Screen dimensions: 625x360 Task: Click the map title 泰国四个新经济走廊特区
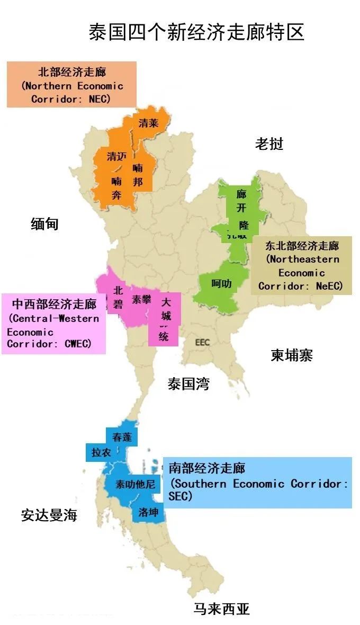[x=196, y=32]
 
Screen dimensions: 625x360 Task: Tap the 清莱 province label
[x=148, y=123]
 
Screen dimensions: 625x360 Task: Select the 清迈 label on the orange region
[x=117, y=156]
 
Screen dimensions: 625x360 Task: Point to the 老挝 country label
[x=269, y=144]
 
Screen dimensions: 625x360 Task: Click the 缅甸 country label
[x=44, y=224]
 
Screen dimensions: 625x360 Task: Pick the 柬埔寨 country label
[x=292, y=355]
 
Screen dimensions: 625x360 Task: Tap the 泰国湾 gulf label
[x=188, y=384]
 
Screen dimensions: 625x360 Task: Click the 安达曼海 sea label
[x=49, y=515]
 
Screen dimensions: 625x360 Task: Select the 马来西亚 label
[x=221, y=609]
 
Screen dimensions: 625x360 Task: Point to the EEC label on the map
[x=202, y=342]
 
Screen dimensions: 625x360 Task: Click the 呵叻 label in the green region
[x=221, y=284]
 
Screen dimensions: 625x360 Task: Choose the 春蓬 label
[x=122, y=437]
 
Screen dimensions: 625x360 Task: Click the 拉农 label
[x=101, y=452]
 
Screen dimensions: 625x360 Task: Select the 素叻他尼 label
[x=136, y=484]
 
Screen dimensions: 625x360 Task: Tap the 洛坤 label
[x=148, y=512]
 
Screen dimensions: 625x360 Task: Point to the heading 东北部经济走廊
[x=302, y=246]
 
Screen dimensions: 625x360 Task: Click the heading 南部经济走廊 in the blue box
[x=207, y=468]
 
